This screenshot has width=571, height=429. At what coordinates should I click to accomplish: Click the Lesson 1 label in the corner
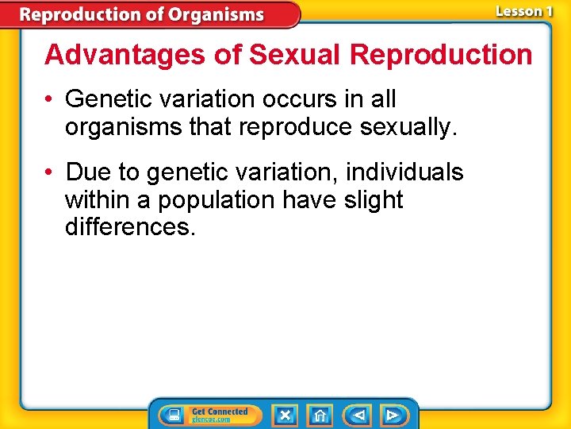pyautogui.click(x=523, y=11)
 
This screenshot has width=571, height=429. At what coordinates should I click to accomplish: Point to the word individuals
pyautogui.click(x=404, y=172)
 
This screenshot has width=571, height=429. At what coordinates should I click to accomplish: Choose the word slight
pyautogui.click(x=374, y=200)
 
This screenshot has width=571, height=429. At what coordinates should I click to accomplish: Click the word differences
pyautogui.click(x=129, y=227)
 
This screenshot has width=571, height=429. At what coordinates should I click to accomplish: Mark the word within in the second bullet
pyautogui.click(x=99, y=200)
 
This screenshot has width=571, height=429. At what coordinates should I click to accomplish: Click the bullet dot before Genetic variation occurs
pyautogui.click(x=50, y=100)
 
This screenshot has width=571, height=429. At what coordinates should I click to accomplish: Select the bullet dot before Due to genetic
pyautogui.click(x=50, y=173)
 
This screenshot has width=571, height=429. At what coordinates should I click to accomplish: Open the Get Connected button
pyautogui.click(x=209, y=415)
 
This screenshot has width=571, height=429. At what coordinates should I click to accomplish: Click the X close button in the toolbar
pyautogui.click(x=285, y=415)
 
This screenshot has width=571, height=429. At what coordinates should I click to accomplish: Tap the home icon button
pyautogui.click(x=320, y=415)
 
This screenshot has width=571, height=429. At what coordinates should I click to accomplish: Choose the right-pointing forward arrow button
pyautogui.click(x=393, y=415)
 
